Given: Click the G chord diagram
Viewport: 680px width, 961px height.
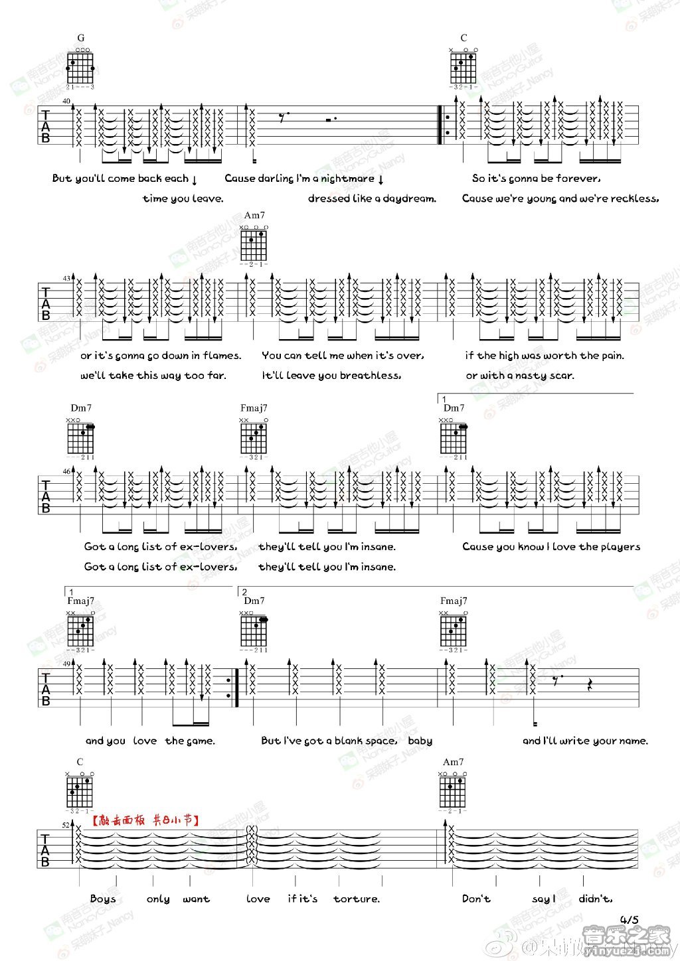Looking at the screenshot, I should (x=81, y=67).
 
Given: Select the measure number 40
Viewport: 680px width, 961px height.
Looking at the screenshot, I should (x=66, y=101).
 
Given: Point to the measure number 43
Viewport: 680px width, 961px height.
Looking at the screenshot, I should (x=66, y=278).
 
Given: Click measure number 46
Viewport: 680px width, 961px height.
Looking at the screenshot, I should (x=66, y=471).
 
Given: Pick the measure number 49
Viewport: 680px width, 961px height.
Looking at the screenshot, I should (x=66, y=664).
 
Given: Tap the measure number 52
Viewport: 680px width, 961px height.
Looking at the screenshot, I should (x=66, y=825).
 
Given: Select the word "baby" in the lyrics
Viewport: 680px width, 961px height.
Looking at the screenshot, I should (x=420, y=741).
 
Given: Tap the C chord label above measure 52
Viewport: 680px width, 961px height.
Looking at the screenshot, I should (x=80, y=762).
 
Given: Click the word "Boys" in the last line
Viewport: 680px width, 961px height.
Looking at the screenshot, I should (x=103, y=899).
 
